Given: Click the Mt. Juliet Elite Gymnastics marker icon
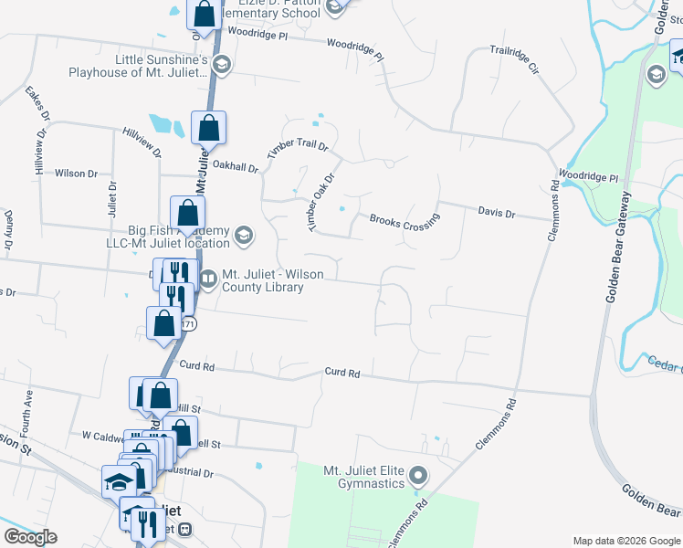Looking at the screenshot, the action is [418, 475].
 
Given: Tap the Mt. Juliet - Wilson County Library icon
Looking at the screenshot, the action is [208, 279].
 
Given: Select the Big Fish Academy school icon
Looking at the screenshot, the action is [243, 236].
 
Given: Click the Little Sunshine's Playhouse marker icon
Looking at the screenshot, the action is [222, 66].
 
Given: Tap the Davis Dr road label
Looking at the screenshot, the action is [497, 213].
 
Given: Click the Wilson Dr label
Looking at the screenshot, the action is [76, 174].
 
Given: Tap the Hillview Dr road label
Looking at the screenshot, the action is [142, 142].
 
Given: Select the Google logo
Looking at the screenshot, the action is [30, 537].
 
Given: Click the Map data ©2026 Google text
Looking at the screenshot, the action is [625, 540].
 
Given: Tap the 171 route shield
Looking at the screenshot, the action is [188, 324].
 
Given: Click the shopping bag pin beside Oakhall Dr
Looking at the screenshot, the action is [208, 129].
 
